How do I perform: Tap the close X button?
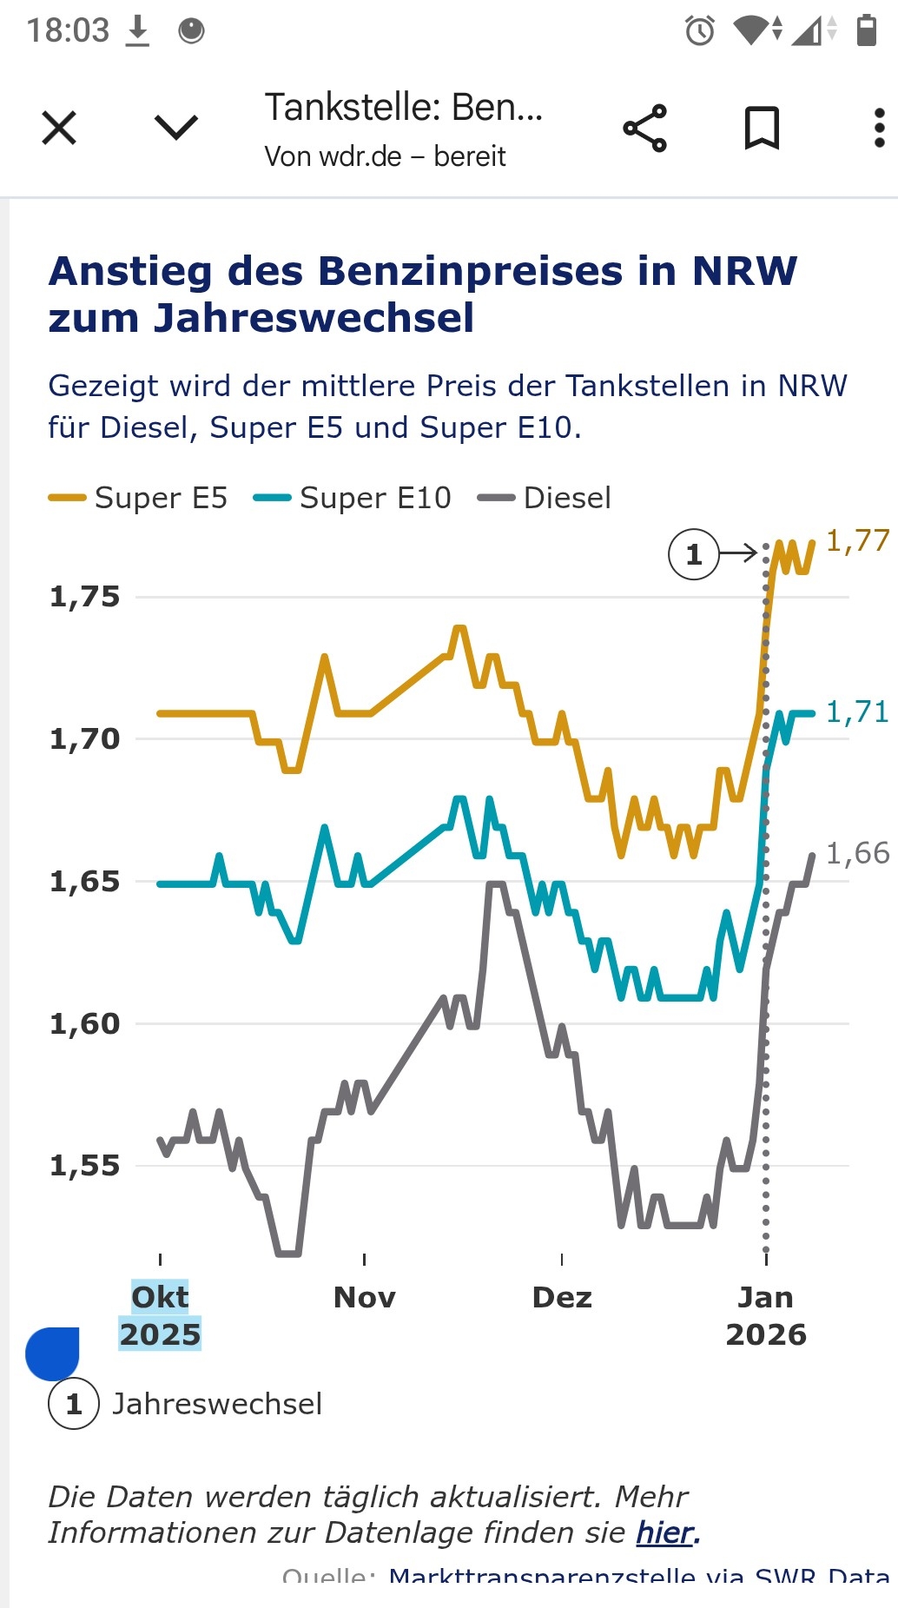click(59, 129)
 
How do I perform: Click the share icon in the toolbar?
click(645, 129)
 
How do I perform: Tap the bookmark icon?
click(762, 129)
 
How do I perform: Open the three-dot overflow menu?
click(879, 129)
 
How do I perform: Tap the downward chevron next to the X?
click(176, 129)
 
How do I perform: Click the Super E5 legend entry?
click(139, 498)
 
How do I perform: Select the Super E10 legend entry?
click(353, 498)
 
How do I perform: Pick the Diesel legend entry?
click(545, 498)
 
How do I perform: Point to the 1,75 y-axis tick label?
click(84, 597)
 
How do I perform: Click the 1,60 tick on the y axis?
click(84, 1023)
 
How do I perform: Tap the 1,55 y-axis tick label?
click(84, 1166)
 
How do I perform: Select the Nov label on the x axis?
click(365, 1297)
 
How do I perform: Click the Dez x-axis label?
click(562, 1297)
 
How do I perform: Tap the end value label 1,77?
click(857, 540)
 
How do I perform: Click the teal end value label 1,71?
click(857, 711)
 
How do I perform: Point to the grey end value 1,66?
click(857, 853)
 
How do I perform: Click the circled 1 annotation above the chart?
click(694, 554)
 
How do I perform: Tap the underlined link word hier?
click(666, 1532)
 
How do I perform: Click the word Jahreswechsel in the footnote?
click(217, 1404)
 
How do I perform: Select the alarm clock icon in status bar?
click(700, 31)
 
